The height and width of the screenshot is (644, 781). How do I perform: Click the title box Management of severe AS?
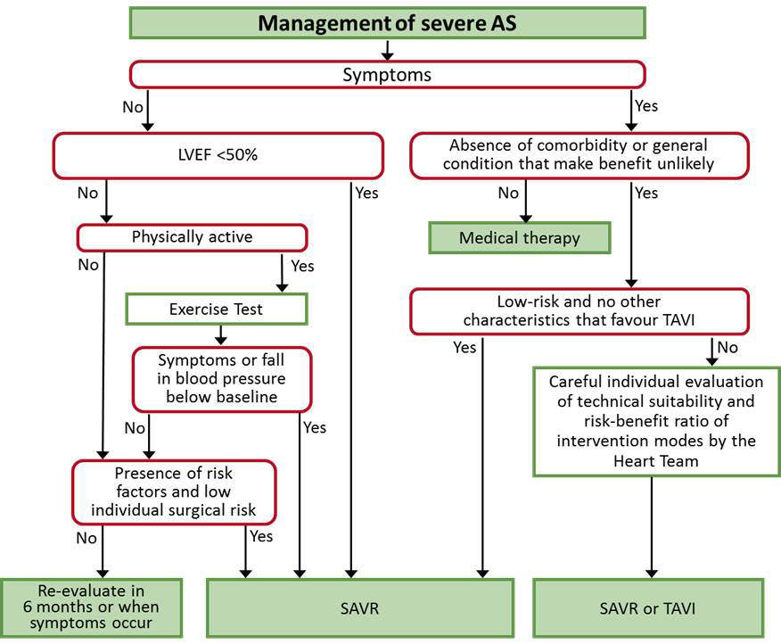[386, 23]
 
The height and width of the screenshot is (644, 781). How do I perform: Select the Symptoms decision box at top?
[386, 75]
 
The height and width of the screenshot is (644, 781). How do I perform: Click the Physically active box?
[192, 237]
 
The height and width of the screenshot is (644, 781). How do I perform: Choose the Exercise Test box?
[217, 310]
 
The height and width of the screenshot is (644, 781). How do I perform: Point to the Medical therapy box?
[519, 238]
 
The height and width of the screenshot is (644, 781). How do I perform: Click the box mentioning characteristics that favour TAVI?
[580, 311]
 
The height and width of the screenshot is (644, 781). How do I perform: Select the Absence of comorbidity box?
[580, 155]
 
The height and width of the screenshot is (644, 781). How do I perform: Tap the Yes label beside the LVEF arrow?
[366, 192]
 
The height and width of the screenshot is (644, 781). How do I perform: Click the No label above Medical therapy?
[508, 193]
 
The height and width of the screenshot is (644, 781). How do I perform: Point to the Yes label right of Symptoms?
[645, 105]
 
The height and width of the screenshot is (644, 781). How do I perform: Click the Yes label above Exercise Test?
[302, 266]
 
